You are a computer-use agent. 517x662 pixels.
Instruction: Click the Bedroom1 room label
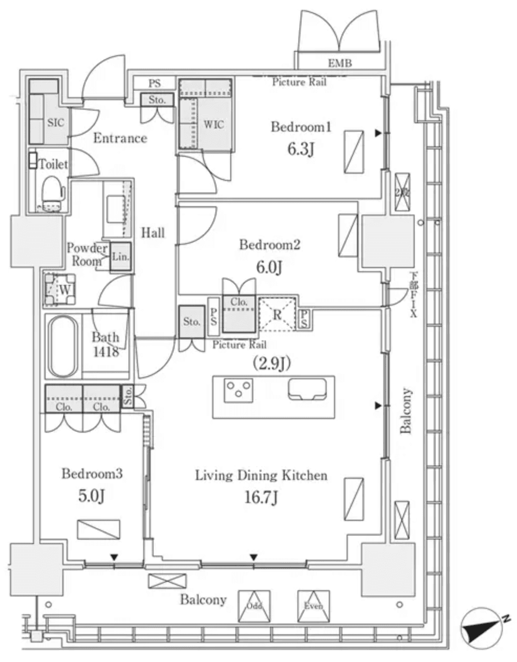point(301,127)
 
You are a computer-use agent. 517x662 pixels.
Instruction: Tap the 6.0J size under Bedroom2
point(269,268)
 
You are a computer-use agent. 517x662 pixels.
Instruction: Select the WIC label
point(213,124)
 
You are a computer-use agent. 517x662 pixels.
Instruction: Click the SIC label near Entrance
point(56,122)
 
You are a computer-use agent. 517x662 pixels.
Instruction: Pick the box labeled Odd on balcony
point(254,606)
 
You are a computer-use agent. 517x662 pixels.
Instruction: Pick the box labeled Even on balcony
point(314,606)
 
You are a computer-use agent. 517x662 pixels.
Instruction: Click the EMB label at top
point(340,63)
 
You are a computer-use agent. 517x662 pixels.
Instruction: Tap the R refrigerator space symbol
point(277,315)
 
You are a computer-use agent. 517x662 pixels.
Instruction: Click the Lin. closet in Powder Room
point(120,257)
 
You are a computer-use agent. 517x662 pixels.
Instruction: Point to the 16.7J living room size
point(261,497)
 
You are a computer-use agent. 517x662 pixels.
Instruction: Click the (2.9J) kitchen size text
point(272,363)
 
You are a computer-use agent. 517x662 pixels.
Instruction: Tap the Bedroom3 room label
point(92,474)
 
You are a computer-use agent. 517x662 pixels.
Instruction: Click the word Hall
point(153,232)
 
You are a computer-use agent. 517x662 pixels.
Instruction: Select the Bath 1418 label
point(106,344)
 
